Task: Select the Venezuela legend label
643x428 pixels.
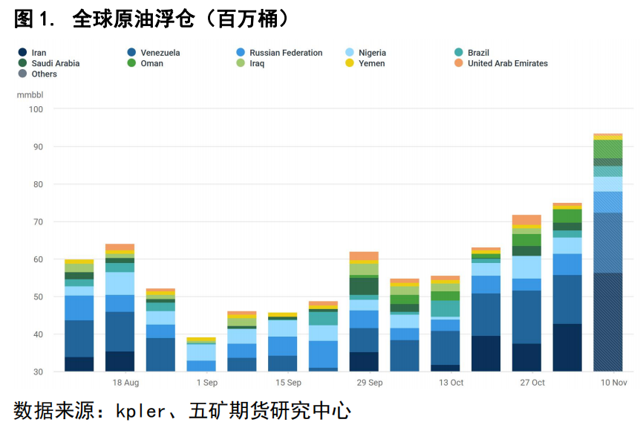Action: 160,53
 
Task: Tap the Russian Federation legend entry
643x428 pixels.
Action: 285,53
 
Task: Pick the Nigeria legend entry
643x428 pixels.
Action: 371,53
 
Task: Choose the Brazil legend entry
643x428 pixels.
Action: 477,53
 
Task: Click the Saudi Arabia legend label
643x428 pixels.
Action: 55,63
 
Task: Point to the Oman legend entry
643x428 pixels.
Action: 151,63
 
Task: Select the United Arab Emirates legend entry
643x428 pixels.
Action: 507,63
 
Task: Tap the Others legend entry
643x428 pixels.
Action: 44,74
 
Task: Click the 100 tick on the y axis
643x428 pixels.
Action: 36,109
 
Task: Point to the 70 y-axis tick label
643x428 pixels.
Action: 39,221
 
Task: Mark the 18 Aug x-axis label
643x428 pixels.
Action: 125,383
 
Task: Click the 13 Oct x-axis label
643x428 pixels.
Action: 451,383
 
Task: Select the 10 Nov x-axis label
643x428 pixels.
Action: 613,383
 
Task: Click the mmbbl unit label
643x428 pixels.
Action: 30,95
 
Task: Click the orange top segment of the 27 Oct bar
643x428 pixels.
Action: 526,220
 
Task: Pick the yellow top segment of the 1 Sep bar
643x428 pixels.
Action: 201,340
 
